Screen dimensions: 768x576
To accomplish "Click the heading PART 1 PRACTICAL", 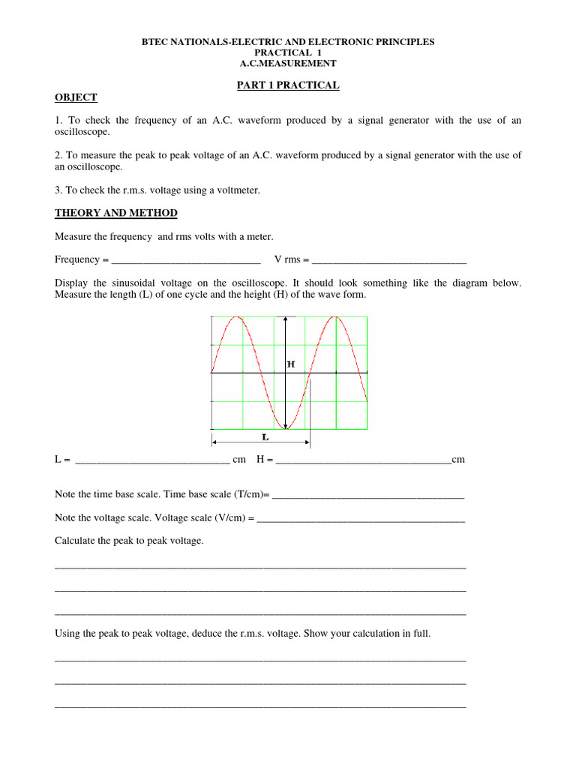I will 288,85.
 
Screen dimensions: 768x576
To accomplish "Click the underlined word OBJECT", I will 76,97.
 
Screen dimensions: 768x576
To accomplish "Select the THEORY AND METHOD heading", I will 116,213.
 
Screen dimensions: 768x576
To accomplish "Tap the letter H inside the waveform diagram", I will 291,364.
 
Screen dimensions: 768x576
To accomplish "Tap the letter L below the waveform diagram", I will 265,436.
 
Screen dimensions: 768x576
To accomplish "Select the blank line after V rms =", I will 388,260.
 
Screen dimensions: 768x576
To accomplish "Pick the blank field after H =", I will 364,460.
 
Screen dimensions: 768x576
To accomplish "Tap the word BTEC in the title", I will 155,42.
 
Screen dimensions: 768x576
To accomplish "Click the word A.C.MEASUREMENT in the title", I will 288,63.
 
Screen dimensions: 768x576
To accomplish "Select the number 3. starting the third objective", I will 59,190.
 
